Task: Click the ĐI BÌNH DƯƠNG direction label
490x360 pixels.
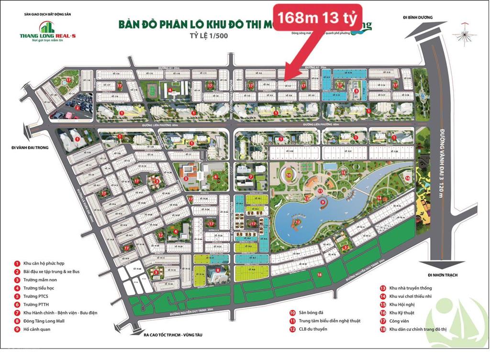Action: [418, 18]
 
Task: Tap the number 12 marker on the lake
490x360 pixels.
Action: [297, 222]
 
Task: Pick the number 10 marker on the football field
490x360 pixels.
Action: [289, 175]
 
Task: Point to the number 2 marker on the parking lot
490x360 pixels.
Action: [77, 108]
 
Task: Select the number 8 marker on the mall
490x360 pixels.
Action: [218, 270]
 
